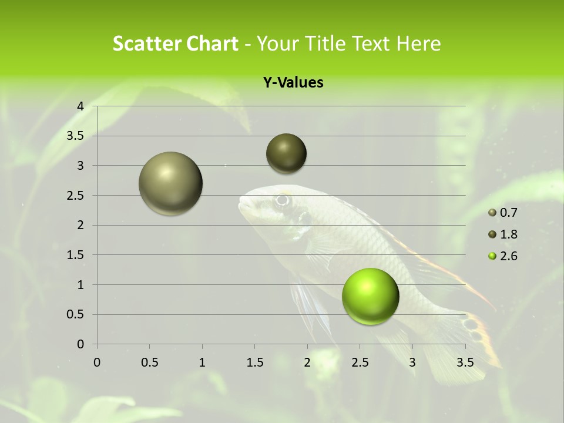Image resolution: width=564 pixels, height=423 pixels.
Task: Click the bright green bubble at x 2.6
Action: (370, 296)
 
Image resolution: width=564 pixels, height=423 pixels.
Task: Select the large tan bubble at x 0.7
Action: (170, 183)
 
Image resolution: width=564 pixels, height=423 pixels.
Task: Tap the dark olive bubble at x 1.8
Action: (286, 153)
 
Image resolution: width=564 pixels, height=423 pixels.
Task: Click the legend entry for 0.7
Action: (503, 213)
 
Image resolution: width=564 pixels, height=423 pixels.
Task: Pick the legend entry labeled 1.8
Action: (503, 234)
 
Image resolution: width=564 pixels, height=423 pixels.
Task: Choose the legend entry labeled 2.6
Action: (503, 256)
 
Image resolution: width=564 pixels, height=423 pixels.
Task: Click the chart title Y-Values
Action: (293, 83)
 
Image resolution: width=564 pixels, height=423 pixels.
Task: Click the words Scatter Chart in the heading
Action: (175, 43)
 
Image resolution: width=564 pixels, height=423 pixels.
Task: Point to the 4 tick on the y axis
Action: (80, 106)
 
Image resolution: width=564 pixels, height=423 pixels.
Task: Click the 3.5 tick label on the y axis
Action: (76, 136)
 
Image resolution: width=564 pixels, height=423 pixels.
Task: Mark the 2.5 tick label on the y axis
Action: (76, 196)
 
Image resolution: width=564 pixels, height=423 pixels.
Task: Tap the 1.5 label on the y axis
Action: (76, 255)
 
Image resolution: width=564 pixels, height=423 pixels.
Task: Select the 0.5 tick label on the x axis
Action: (149, 362)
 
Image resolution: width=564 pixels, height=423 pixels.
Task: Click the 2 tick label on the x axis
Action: (307, 362)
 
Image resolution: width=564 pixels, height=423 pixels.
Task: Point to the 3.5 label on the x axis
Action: (465, 362)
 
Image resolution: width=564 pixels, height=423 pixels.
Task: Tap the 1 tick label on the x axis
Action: (202, 362)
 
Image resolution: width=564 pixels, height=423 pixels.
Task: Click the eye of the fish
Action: (283, 200)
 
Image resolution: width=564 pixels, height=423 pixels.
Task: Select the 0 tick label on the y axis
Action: (80, 344)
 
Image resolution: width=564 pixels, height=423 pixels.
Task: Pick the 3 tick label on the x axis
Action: (412, 362)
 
